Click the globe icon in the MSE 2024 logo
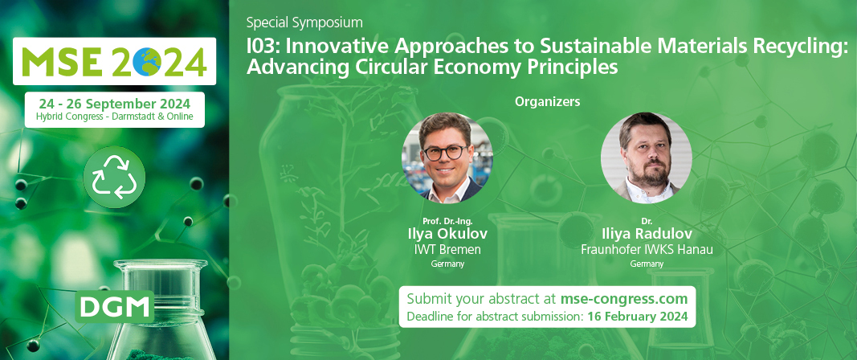coord(146,61)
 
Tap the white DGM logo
coord(116,307)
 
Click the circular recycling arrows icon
coord(114,177)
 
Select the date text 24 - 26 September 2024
coord(115,104)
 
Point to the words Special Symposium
coord(304,23)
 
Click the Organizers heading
coord(547,102)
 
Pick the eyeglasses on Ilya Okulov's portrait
coord(446,153)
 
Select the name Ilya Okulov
coord(447,234)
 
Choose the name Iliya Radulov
coord(647,234)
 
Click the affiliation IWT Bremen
coord(447,250)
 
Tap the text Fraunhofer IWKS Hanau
coord(647,250)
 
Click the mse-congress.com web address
coord(623,299)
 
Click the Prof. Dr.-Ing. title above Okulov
coord(447,221)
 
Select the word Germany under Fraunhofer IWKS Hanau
coord(647,264)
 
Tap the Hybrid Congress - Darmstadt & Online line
coord(115,117)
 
